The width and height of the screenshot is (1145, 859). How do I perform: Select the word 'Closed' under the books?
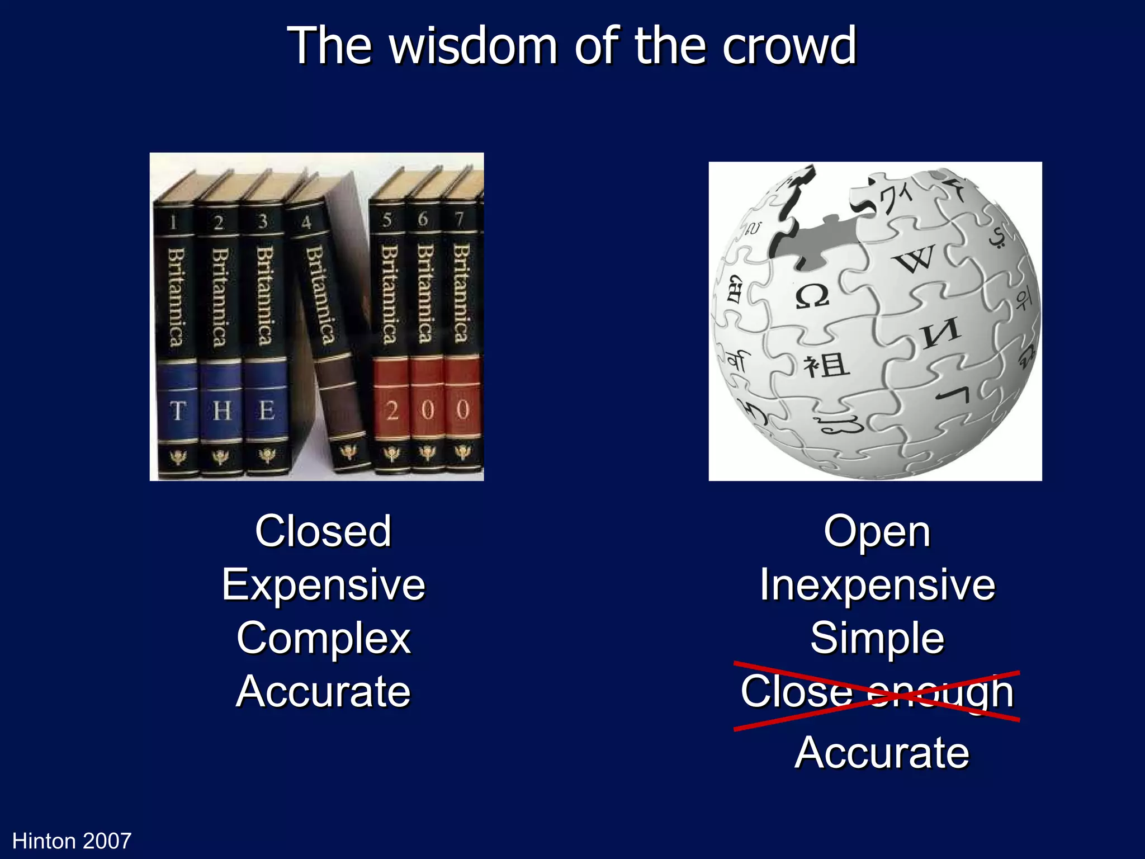323,531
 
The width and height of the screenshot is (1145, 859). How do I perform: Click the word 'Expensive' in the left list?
324,585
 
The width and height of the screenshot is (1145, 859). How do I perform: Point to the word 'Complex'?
324,638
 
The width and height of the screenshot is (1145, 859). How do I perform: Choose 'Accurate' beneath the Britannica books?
324,692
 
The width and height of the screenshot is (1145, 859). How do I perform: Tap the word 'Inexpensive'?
877,585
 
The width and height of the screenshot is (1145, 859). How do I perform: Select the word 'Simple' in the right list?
877,638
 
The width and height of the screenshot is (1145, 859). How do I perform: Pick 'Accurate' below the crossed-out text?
882,753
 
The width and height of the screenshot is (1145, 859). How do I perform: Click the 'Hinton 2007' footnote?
72,841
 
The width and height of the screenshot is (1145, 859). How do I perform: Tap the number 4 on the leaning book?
306,223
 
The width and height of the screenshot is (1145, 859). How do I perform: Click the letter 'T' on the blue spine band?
177,411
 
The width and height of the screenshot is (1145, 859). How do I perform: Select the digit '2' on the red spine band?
392,411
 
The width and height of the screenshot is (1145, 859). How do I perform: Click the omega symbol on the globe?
812,296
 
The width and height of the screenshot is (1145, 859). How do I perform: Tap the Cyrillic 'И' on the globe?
941,333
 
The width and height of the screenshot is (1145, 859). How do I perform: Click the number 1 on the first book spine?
173,223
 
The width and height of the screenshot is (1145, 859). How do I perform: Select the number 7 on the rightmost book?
459,219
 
